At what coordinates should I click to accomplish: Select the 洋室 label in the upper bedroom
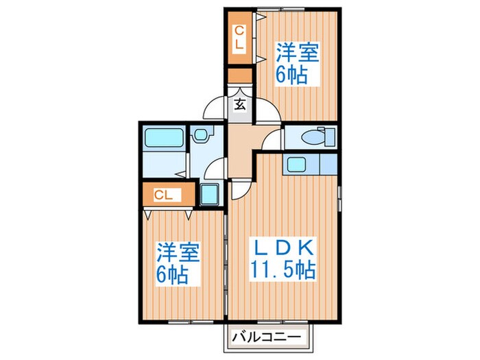click(297, 52)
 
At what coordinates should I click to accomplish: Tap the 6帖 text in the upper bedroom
click(291, 75)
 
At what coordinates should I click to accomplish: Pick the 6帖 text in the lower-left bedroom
click(176, 276)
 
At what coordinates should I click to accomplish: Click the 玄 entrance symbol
click(240, 104)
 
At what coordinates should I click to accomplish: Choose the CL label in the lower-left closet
click(163, 195)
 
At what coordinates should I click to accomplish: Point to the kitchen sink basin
click(297, 165)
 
